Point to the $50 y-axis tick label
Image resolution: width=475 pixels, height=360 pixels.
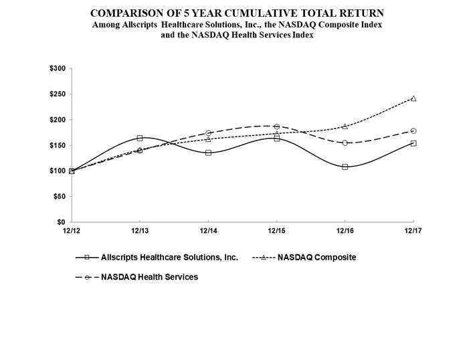click(x=58, y=197)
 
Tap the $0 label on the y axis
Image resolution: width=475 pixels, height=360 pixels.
click(x=60, y=222)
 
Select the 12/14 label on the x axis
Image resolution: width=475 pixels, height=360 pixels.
click(x=208, y=231)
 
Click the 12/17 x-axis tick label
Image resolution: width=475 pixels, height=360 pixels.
click(x=413, y=231)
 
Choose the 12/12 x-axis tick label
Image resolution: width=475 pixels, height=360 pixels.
click(x=72, y=231)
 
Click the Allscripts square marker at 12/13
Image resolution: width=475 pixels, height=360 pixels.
click(x=140, y=138)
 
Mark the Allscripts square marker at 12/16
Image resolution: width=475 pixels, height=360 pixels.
click(x=345, y=167)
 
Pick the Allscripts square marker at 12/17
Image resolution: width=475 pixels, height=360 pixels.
click(x=413, y=143)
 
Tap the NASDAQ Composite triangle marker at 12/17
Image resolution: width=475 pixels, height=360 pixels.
click(x=413, y=98)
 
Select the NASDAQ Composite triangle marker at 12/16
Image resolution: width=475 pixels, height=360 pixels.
click(x=345, y=126)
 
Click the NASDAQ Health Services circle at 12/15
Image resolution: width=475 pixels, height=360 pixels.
click(x=276, y=126)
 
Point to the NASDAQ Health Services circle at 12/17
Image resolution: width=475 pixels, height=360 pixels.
click(x=413, y=130)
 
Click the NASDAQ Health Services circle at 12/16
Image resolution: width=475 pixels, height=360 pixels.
click(x=345, y=143)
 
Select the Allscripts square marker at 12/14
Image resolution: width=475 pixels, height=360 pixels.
click(x=208, y=153)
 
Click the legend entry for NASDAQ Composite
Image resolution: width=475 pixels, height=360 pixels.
click(x=316, y=258)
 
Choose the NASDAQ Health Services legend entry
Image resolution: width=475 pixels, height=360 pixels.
click(x=149, y=277)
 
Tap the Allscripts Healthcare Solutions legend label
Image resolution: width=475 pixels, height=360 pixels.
click(x=169, y=258)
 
